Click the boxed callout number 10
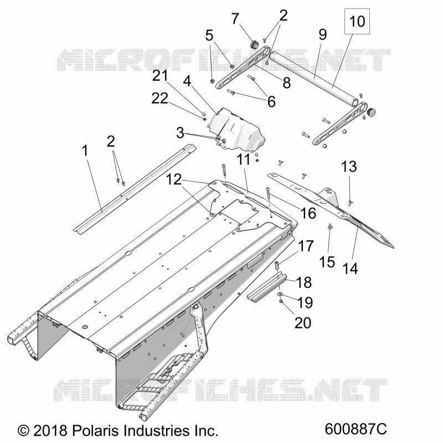coord(357,22)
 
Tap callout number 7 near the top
coord(235,19)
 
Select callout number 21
coord(160,76)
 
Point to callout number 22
coord(160,99)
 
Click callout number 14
coord(350,269)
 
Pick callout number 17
coord(306,246)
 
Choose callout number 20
coord(303,323)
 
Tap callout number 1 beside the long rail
coord(85,151)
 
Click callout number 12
coord(173,179)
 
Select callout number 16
coord(308,213)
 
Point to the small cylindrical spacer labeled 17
coord(277,266)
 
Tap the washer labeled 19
coord(281,295)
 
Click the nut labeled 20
coord(281,302)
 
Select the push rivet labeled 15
coord(329,226)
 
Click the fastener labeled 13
coord(351,202)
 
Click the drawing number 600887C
coord(356,429)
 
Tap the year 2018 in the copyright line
coord(50,431)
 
